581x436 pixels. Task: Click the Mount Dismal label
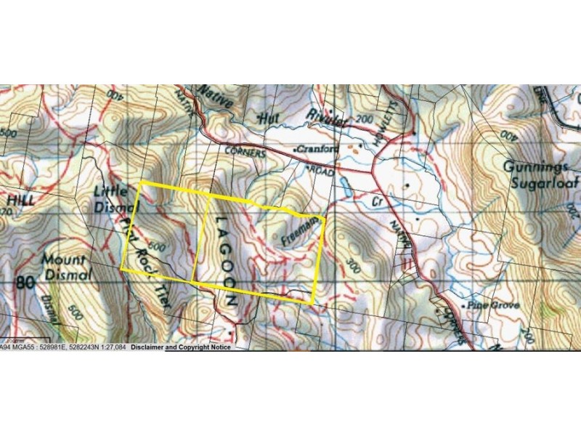(64, 267)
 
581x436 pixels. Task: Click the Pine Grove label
(495, 306)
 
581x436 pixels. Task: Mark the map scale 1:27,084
(110, 347)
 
